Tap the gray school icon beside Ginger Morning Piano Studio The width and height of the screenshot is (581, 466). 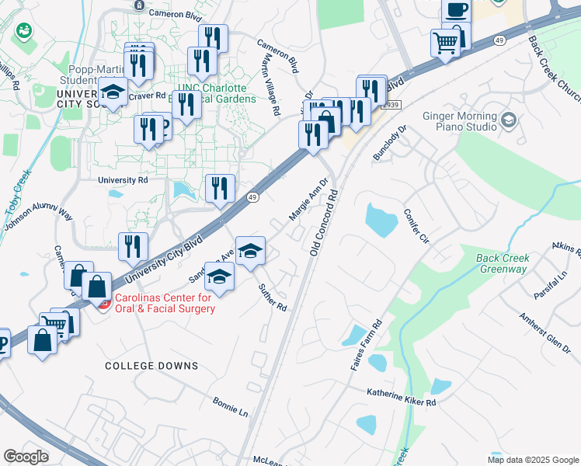(509, 120)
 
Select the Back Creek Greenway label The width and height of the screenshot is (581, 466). (503, 263)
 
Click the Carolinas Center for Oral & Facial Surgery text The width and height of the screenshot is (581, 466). (164, 303)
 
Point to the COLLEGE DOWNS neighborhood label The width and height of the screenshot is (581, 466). (151, 366)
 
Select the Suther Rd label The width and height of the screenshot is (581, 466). (273, 297)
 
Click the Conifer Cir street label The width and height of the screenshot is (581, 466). (416, 226)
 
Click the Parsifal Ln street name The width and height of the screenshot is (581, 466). (551, 286)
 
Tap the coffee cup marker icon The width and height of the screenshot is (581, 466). (456, 10)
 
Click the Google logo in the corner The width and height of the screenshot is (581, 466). (26, 456)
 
